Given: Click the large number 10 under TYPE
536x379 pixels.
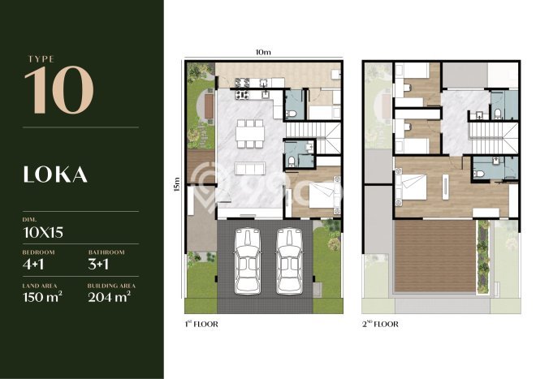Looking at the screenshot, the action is (59, 90).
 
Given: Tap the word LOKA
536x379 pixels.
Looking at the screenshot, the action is (55, 174).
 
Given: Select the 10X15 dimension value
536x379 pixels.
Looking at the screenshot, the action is (43, 232).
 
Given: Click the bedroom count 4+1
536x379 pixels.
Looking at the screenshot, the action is (33, 265).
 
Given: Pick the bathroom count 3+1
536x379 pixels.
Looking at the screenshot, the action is (98, 265).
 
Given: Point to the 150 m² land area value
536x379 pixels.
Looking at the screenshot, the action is (42, 297).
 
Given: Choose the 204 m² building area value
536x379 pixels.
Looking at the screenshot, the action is (110, 297).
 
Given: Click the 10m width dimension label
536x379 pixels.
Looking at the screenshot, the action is (263, 52).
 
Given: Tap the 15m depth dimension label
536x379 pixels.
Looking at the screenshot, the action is (176, 184).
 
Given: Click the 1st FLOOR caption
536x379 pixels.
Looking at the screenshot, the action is (201, 324).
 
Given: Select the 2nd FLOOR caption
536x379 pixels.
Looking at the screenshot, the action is (380, 324).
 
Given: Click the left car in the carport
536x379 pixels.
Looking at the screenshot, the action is (248, 261).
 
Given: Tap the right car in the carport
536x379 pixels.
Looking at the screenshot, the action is (289, 261).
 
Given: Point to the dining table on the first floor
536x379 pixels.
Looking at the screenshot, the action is (250, 134).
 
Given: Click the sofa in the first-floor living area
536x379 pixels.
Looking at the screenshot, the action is (250, 169).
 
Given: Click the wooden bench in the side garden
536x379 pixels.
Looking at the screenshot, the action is (209, 106).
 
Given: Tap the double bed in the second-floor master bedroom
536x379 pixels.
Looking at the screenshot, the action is (412, 187).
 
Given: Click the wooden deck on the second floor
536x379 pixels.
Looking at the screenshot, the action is (434, 256).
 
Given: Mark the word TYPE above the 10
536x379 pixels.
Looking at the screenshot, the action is (41, 59).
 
